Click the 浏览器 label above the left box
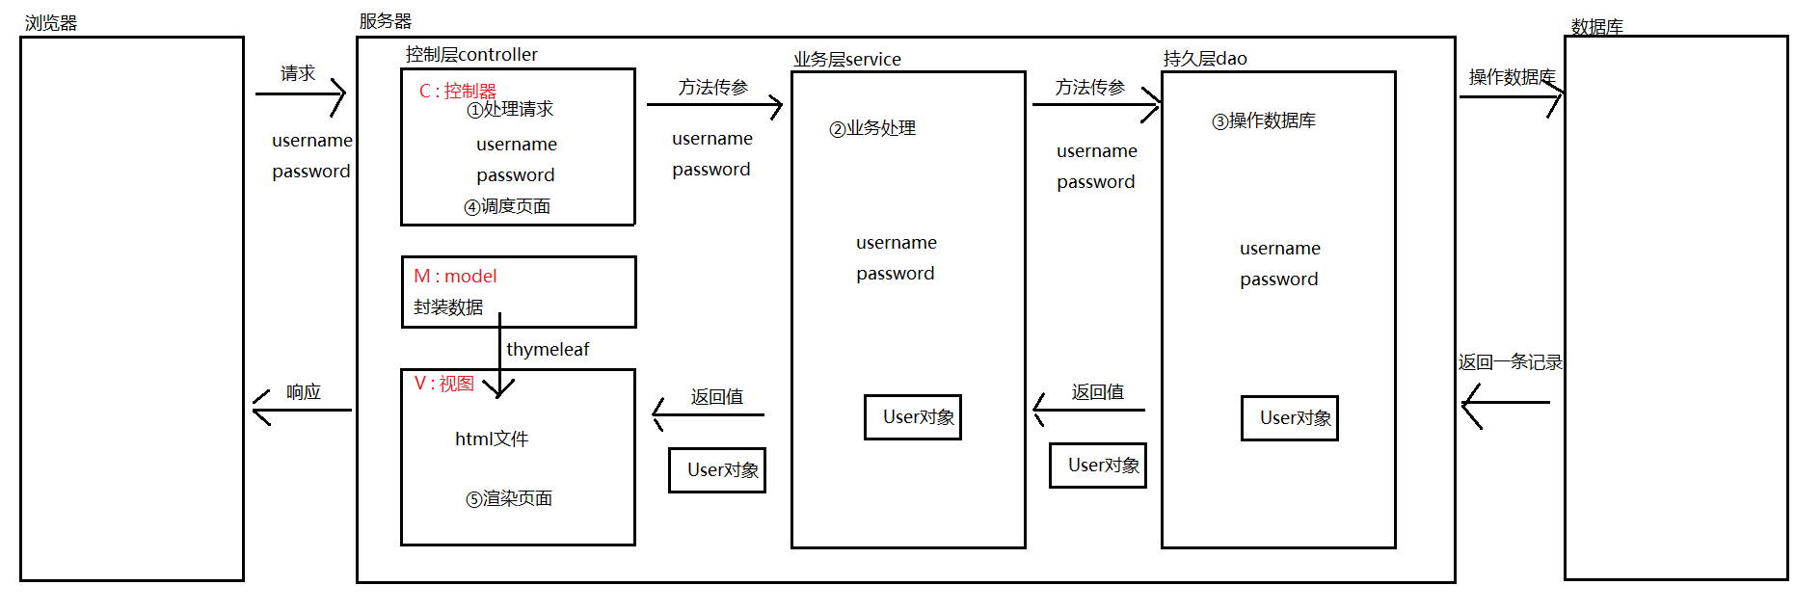(50, 23)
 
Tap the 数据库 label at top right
(1596, 27)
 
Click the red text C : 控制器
(457, 91)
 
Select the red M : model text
(455, 276)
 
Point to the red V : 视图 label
(443, 384)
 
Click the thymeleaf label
(548, 349)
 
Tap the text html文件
(492, 439)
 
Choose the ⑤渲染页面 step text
(509, 498)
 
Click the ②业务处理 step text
(872, 128)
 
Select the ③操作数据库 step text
(1263, 120)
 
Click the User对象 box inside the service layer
(912, 417)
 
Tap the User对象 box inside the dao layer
(1289, 418)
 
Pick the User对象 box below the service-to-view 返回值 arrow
(716, 470)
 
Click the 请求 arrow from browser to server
(300, 94)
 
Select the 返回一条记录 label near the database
(1510, 362)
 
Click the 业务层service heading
(846, 60)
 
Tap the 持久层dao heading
(1204, 59)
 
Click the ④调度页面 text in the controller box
(507, 206)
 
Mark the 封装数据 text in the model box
(448, 307)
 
